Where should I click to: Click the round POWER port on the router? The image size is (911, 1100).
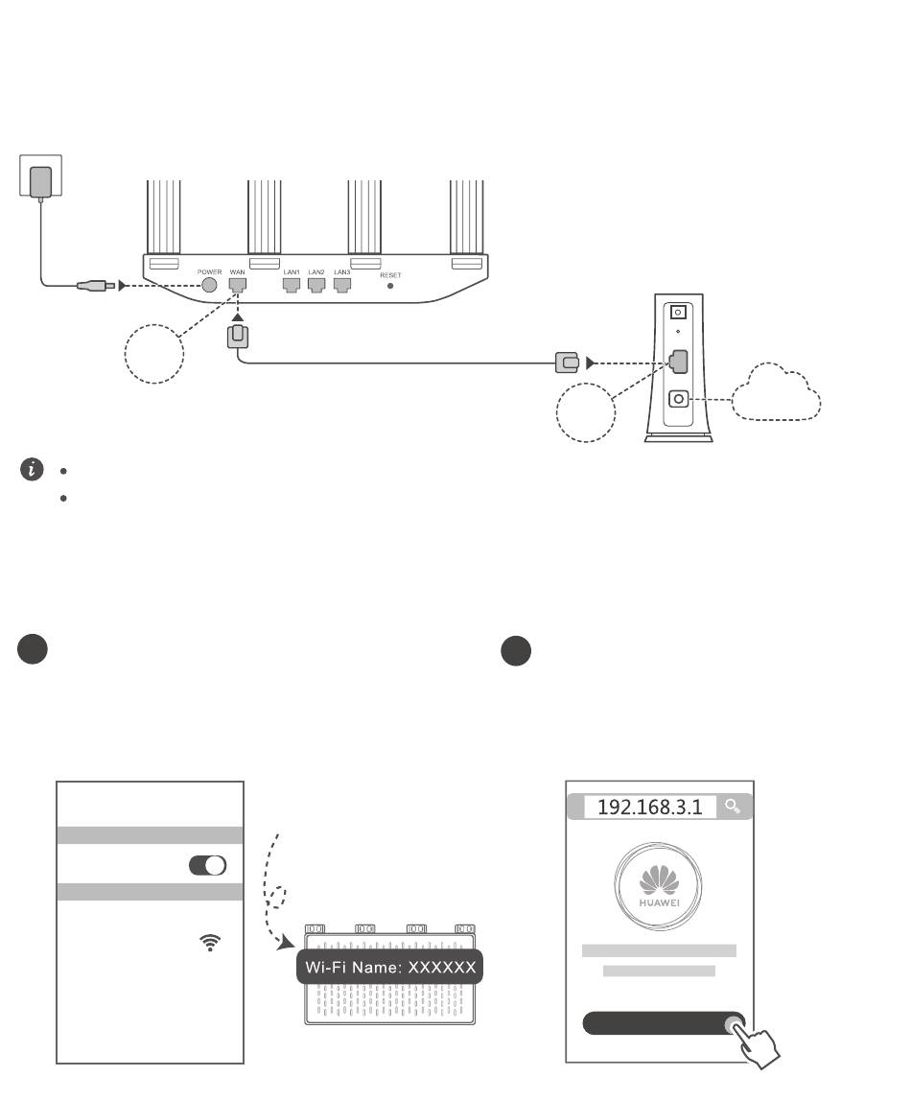[x=210, y=285]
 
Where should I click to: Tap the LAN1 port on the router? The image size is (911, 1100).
[x=292, y=285]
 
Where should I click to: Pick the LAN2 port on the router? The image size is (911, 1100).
[x=316, y=285]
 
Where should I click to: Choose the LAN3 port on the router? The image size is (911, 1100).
[x=342, y=285]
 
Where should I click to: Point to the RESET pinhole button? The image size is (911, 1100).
[x=390, y=286]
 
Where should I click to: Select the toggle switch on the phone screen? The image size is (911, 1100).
[x=208, y=865]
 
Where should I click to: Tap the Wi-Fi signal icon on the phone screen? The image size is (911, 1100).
[x=208, y=943]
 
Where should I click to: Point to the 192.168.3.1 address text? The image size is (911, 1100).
[x=649, y=807]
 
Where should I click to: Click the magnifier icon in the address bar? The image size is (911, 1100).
[x=734, y=807]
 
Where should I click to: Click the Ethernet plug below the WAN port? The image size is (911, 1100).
[x=238, y=337]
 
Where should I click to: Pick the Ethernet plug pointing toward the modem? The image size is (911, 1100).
[x=567, y=363]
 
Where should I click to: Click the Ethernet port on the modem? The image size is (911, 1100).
[x=680, y=362]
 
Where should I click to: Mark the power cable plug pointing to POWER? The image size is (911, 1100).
[x=96, y=285]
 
